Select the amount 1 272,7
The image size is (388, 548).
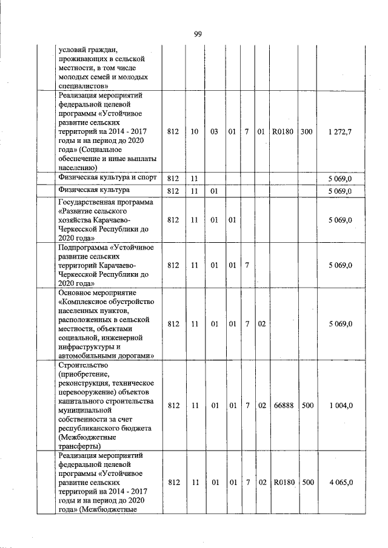pyautogui.click(x=339, y=131)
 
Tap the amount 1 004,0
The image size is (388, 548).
pyautogui.click(x=340, y=406)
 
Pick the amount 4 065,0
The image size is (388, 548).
pyautogui.click(x=340, y=483)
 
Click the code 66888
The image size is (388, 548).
pyautogui.click(x=283, y=406)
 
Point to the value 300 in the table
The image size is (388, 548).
pyautogui.click(x=306, y=131)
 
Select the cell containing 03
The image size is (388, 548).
pyautogui.click(x=214, y=131)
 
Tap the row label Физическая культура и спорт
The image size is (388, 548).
pyautogui.click(x=107, y=178)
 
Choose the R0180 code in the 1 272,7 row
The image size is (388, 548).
pyautogui.click(x=283, y=131)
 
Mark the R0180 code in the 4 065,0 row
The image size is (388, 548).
pyautogui.click(x=283, y=483)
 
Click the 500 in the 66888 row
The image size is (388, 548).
pyautogui.click(x=307, y=406)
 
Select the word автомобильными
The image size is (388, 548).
pyautogui.click(x=89, y=356)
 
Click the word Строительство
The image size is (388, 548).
pyautogui.click(x=83, y=365)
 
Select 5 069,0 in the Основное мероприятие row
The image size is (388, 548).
pyautogui.click(x=340, y=324)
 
